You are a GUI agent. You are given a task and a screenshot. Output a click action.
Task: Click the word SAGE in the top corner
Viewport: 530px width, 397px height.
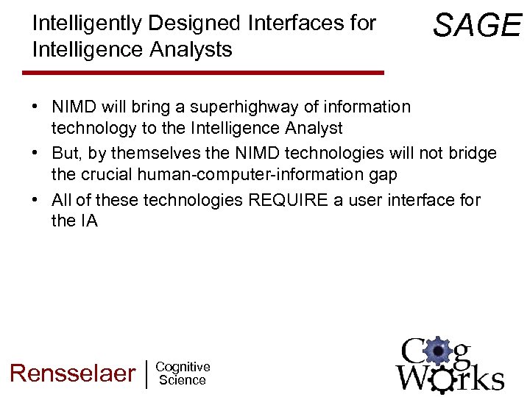[477, 26]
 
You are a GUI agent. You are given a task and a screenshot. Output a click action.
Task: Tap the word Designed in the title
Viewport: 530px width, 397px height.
[195, 24]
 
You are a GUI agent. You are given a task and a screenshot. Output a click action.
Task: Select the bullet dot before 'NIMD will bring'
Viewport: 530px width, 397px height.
[35, 107]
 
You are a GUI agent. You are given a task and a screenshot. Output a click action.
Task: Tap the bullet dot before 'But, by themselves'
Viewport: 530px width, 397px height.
[35, 154]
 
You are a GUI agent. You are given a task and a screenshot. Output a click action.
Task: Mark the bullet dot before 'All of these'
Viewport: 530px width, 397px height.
[35, 200]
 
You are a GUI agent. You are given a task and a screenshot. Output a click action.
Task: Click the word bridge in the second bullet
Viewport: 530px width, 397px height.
[472, 154]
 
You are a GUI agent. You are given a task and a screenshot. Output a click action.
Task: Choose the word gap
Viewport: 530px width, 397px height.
[383, 174]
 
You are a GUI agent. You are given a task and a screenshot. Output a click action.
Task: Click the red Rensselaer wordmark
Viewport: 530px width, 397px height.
[72, 373]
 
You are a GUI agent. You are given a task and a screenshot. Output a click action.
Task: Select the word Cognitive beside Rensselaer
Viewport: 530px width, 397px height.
[183, 367]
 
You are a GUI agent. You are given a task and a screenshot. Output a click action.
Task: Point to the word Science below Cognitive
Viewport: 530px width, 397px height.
[183, 380]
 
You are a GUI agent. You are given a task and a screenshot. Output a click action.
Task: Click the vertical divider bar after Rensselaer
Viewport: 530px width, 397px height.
[147, 373]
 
